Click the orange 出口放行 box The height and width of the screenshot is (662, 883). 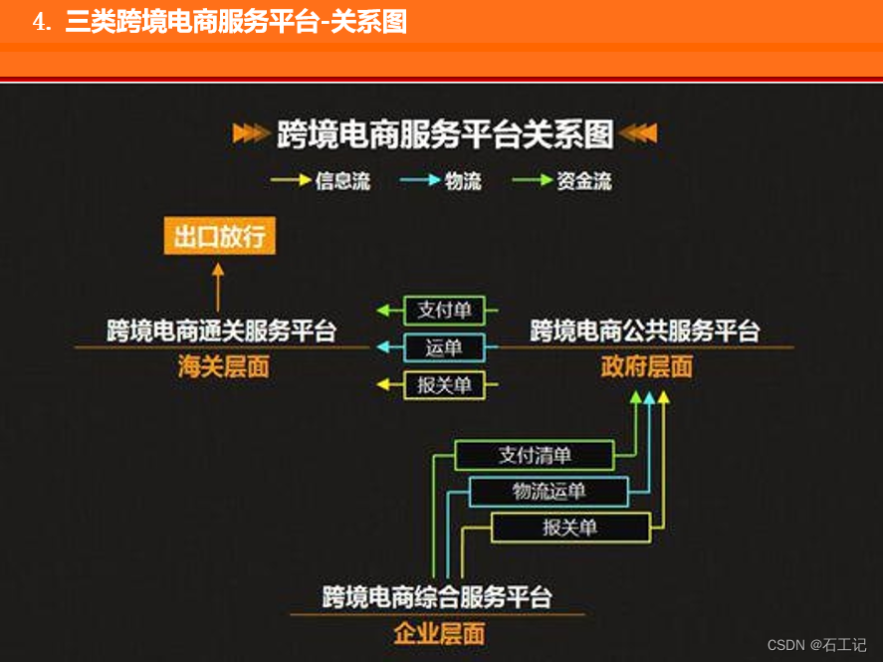(x=219, y=237)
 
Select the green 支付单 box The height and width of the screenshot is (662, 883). (x=444, y=311)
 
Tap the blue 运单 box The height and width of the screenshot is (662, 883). (x=444, y=347)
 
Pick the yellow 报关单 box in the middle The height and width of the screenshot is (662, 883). (x=444, y=384)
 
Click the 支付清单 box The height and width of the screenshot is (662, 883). (x=535, y=455)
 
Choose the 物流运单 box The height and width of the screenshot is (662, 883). (x=549, y=491)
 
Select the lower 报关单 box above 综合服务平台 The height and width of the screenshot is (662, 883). (x=569, y=527)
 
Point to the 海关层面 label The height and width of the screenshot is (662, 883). (x=223, y=367)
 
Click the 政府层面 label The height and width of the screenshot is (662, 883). (x=646, y=366)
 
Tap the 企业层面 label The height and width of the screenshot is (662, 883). (x=438, y=633)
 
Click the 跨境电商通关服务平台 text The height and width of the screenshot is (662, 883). (x=221, y=330)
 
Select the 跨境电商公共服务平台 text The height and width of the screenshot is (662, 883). (x=645, y=330)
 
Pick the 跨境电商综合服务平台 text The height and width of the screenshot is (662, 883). (x=437, y=597)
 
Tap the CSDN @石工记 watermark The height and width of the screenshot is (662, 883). (x=816, y=645)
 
